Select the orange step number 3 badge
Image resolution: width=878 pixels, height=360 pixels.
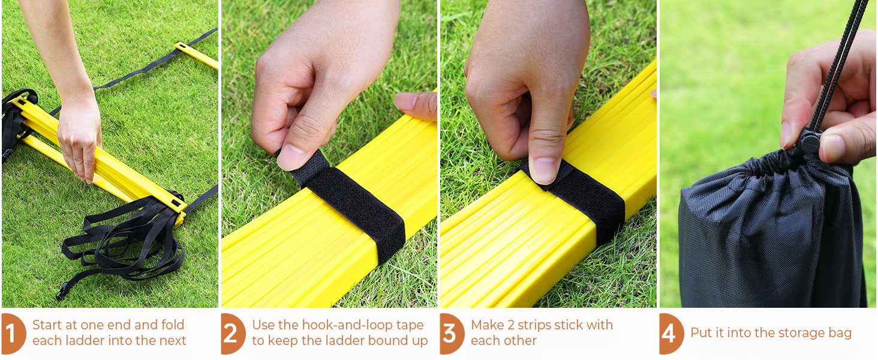(x=452, y=334)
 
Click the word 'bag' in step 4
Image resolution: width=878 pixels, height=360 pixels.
(x=838, y=334)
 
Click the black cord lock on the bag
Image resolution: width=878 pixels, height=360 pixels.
(x=809, y=142)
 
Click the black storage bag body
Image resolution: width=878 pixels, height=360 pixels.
(x=768, y=240)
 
